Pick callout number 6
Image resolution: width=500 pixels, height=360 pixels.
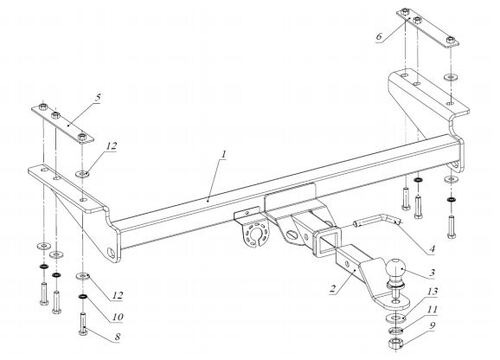[x=378, y=36]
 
